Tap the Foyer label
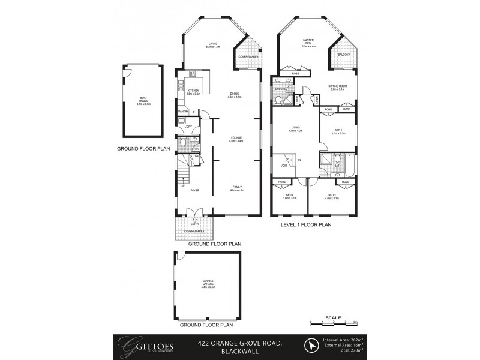click(x=194, y=190)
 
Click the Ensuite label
click(x=280, y=89)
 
